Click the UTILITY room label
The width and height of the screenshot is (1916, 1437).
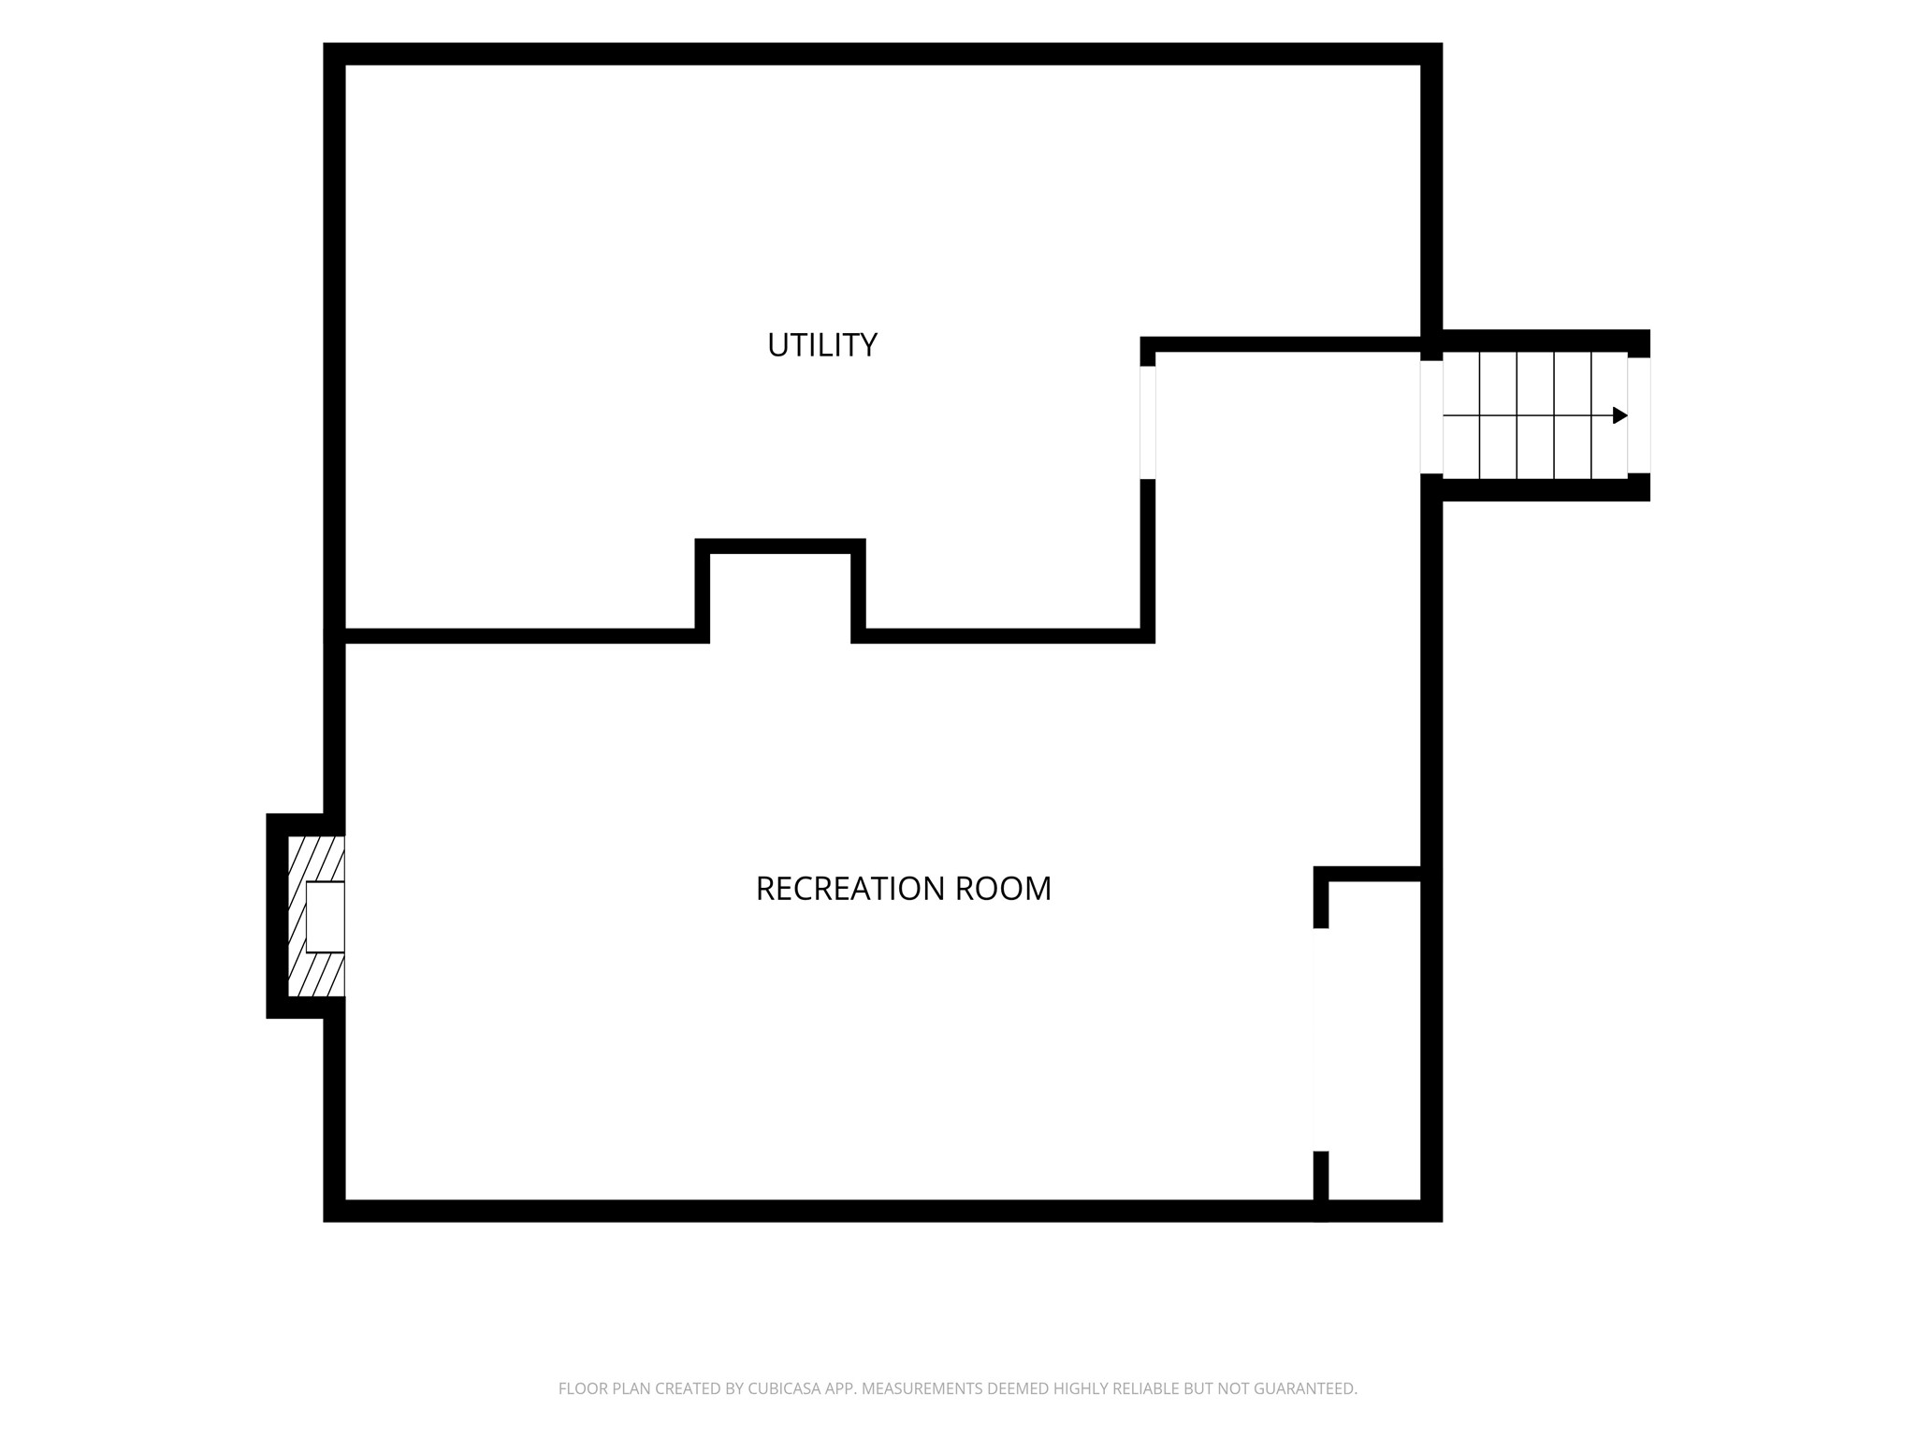click(x=822, y=345)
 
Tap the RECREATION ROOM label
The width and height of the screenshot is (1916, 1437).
click(x=904, y=889)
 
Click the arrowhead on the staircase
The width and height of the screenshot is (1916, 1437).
click(x=1620, y=415)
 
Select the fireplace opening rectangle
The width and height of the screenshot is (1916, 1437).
click(x=326, y=917)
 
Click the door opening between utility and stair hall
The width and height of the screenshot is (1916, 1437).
click(x=1148, y=423)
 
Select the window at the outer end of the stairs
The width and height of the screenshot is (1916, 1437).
click(x=1639, y=415)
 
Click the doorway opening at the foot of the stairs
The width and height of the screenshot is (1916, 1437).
click(x=1431, y=417)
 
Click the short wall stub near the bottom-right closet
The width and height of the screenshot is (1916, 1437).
click(x=1321, y=1185)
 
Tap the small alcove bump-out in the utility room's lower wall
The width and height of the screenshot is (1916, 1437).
click(x=780, y=590)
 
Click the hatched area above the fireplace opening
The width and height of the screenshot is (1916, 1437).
click(x=316, y=859)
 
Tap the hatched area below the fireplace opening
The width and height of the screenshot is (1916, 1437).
click(x=316, y=974)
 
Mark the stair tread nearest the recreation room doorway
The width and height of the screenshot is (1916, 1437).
click(x=1461, y=415)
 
